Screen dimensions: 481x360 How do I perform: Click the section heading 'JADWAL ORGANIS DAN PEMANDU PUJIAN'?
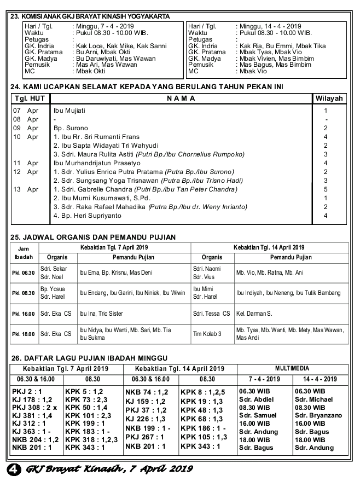(98, 237)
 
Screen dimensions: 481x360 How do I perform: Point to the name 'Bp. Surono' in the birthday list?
(71, 128)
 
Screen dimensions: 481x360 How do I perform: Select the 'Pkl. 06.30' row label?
(24, 273)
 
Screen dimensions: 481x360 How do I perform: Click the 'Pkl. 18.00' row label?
(24, 334)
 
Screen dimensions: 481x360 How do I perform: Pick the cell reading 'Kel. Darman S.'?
(254, 314)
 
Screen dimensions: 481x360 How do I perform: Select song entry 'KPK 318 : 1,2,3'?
(91, 439)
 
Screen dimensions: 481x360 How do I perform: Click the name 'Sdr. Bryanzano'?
(318, 415)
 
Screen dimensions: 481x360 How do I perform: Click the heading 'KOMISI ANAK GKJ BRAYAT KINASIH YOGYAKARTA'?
(96, 17)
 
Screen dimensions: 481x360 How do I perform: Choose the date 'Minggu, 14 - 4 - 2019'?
(270, 26)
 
